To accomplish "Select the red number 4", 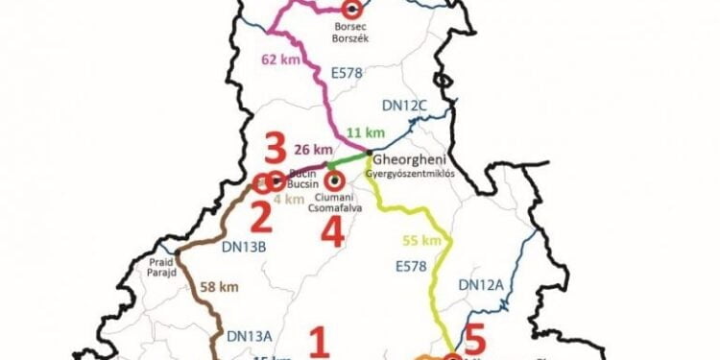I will click(x=329, y=231).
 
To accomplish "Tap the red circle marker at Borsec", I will click(x=352, y=9).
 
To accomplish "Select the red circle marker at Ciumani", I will click(x=334, y=179).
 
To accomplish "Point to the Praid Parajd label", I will click(x=161, y=266).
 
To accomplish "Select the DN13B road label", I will click(x=243, y=247).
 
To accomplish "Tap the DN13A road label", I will click(x=250, y=335).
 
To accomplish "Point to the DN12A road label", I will click(x=482, y=284).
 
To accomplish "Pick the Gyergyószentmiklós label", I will click(x=408, y=174).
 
